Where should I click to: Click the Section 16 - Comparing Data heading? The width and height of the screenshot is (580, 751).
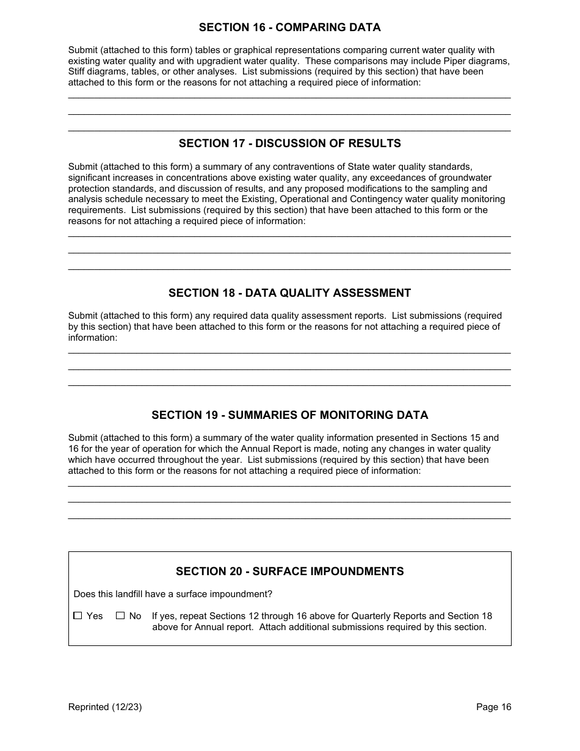(289, 27)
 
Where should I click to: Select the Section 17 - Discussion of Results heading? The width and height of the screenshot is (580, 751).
(289, 143)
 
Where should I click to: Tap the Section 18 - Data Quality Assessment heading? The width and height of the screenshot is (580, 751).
(289, 293)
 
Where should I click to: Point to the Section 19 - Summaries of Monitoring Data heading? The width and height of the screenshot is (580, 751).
(289, 415)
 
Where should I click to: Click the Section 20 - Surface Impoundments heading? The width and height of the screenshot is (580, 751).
(289, 571)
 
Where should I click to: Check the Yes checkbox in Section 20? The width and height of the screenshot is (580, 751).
(78, 616)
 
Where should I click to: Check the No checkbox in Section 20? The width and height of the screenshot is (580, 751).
(120, 616)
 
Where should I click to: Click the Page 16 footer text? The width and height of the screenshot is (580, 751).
(493, 707)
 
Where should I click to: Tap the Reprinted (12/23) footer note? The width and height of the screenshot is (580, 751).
(105, 707)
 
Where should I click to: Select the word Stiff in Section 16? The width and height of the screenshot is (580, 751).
(78, 72)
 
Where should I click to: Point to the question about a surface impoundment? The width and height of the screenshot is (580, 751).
(173, 594)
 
